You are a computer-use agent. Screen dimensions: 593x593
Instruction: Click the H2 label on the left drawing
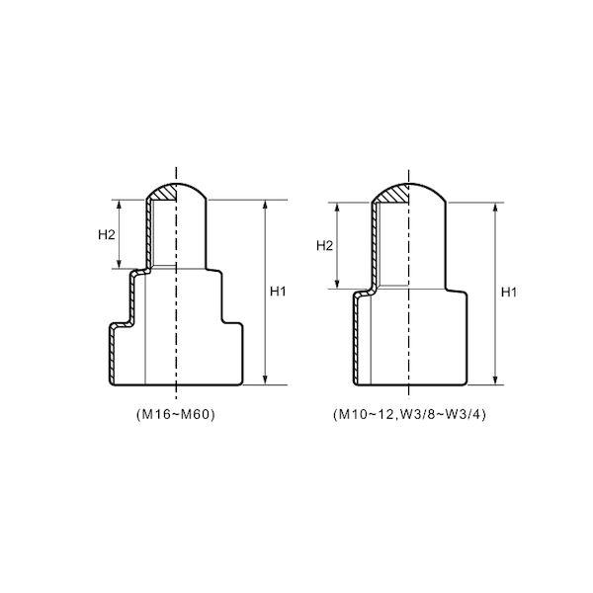[107, 235]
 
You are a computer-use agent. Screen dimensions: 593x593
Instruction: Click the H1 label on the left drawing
[278, 292]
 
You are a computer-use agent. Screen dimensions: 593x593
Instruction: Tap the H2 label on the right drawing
[324, 246]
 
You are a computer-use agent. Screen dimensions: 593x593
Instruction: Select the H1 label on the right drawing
[509, 292]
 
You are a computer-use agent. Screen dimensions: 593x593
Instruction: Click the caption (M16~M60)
[176, 415]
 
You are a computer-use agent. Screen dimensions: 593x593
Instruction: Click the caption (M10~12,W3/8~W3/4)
[409, 415]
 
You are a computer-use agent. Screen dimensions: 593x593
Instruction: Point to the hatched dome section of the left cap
[164, 192]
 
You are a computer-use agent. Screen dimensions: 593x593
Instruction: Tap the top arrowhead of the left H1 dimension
[265, 205]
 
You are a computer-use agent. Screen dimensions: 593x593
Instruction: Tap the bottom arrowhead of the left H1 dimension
[265, 380]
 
